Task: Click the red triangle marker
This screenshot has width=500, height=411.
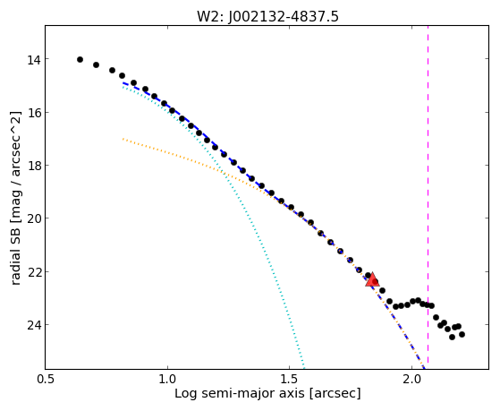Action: pyautogui.click(x=372, y=280)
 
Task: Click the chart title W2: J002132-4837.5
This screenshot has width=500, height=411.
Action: pyautogui.click(x=267, y=16)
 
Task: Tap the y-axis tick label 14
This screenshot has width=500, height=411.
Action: pyautogui.click(x=33, y=60)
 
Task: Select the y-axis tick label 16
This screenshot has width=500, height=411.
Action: pyautogui.click(x=33, y=113)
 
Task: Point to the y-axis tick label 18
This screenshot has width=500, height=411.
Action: pyautogui.click(x=33, y=166)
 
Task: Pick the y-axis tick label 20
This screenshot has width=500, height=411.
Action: pyautogui.click(x=33, y=218)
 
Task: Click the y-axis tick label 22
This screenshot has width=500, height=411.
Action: pyautogui.click(x=33, y=272)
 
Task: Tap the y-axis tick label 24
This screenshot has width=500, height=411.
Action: pyautogui.click(x=33, y=325)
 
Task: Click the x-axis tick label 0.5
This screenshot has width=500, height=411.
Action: pyautogui.click(x=46, y=379)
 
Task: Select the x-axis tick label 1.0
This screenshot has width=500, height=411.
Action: pyautogui.click(x=167, y=379)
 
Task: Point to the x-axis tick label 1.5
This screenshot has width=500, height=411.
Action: pyautogui.click(x=289, y=379)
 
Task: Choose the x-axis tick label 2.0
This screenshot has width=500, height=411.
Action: pyautogui.click(x=411, y=379)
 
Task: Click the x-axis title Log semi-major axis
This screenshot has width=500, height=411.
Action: pyautogui.click(x=239, y=393)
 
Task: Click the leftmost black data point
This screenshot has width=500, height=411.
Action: pyautogui.click(x=80, y=60)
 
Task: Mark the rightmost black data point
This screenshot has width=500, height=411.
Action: pyautogui.click(x=462, y=334)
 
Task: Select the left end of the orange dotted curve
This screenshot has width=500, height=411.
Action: pyautogui.click(x=123, y=139)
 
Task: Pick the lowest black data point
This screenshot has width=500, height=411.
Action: pyautogui.click(x=452, y=337)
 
